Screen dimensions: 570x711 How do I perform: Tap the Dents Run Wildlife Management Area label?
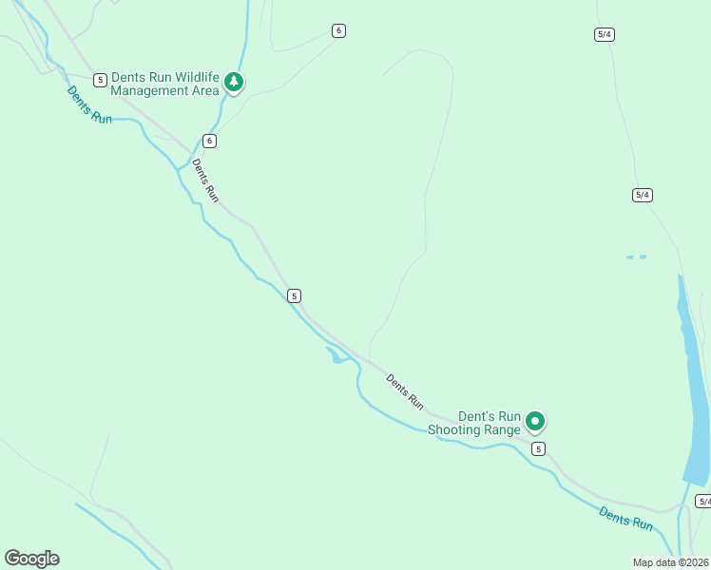click(x=164, y=84)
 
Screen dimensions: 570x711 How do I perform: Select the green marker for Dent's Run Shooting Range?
click(x=535, y=420)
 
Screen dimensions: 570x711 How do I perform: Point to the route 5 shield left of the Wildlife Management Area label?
click(x=100, y=80)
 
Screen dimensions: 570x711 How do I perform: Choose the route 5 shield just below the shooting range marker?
click(x=538, y=448)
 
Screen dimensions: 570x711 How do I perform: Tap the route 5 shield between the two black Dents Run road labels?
click(x=295, y=295)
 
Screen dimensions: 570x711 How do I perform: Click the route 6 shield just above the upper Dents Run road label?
click(x=209, y=141)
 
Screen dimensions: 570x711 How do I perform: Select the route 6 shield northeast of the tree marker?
click(x=338, y=30)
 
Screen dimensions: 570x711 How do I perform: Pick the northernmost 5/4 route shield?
click(x=604, y=34)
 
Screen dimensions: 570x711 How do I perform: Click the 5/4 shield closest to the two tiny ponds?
click(x=642, y=195)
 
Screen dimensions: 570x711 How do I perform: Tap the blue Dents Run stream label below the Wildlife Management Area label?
click(x=89, y=104)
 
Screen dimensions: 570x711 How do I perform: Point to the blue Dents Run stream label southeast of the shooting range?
click(x=626, y=518)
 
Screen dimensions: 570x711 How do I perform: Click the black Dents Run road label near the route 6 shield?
click(x=206, y=180)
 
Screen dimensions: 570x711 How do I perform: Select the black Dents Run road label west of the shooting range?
click(x=405, y=391)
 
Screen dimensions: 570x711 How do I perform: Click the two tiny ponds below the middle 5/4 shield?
click(x=636, y=256)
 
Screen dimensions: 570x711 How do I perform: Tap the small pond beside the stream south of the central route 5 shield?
click(x=336, y=356)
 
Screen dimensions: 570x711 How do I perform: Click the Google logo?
click(x=31, y=559)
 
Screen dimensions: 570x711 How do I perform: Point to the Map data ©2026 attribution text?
click(x=670, y=562)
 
